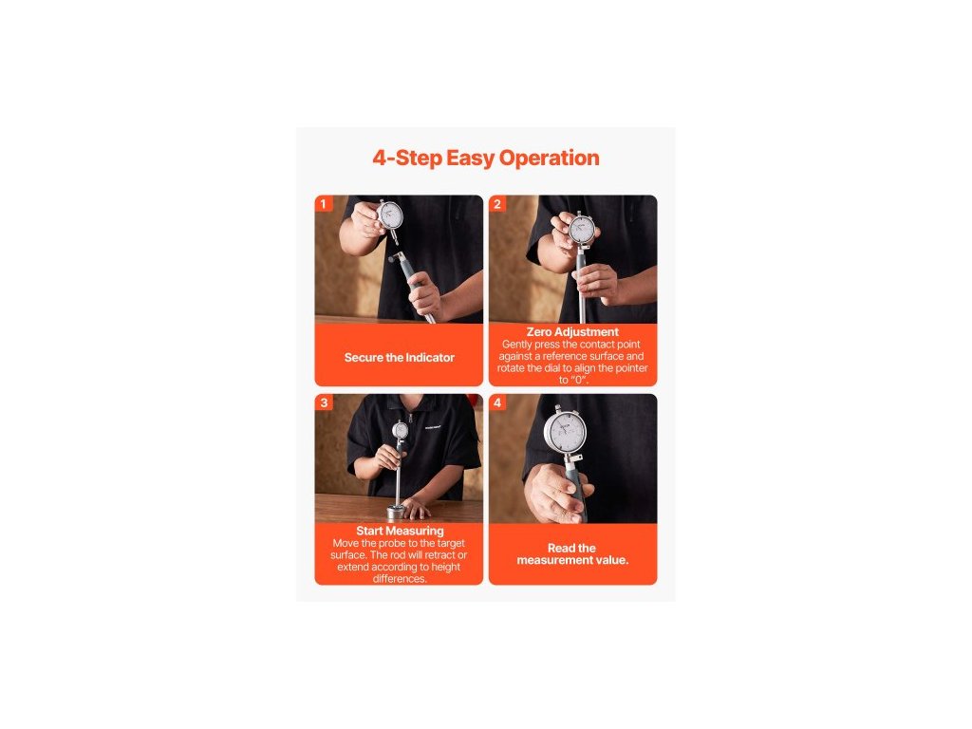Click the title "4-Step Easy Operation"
[486, 159]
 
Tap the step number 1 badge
[323, 204]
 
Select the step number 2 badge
[497, 204]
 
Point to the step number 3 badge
[324, 402]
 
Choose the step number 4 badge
[497, 402]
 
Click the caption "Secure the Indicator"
[400, 358]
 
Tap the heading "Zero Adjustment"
[572, 331]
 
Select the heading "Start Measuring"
[400, 531]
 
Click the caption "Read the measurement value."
[572, 554]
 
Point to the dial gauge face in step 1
[390, 216]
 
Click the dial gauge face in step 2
[582, 230]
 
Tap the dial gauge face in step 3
[400, 430]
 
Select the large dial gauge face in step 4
[565, 430]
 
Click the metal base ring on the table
[396, 512]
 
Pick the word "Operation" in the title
[550, 159]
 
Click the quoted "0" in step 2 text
[579, 380]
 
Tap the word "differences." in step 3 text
[400, 579]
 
